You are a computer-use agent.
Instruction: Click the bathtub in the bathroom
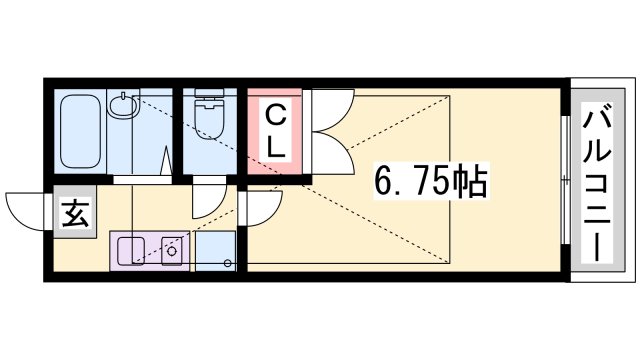point(80,131)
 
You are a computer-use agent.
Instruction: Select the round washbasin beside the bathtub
point(121,104)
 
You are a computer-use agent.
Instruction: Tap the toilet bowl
point(209,120)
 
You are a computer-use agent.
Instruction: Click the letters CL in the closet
point(275,131)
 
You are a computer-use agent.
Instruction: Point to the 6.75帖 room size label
point(431,180)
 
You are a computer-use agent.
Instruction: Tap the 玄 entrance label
point(75,213)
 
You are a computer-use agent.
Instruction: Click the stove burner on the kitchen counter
point(171,251)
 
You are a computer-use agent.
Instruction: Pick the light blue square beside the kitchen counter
point(216,251)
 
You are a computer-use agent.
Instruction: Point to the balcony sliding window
point(565,180)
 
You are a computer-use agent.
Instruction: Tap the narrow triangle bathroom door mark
point(167,160)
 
